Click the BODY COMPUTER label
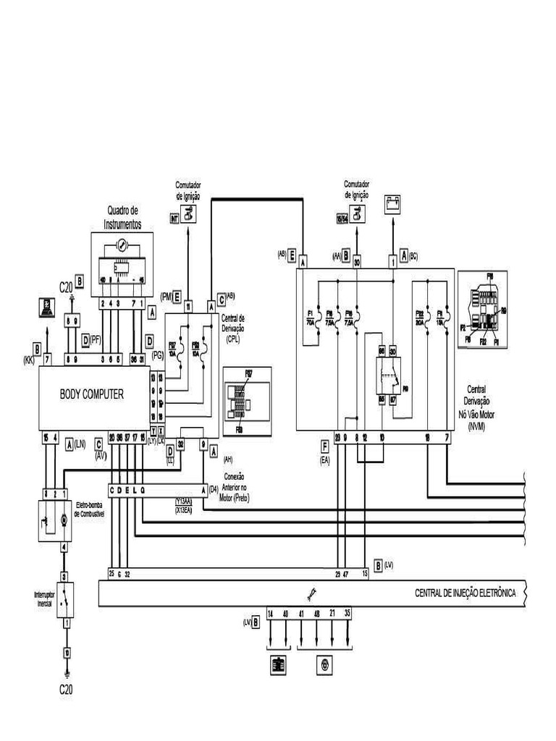tap(91, 394)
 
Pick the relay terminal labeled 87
tap(393, 398)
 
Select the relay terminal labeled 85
tap(382, 398)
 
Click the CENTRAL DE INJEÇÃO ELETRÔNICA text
tap(465, 593)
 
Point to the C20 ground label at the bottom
tap(66, 690)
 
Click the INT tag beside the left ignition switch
tap(174, 218)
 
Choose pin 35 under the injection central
tap(347, 613)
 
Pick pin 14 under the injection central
tap(271, 613)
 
